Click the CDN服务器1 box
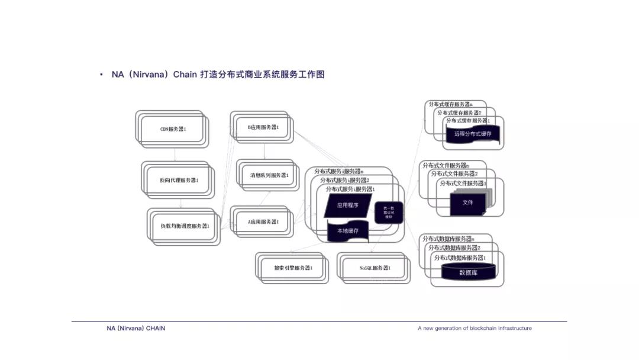coord(173,128)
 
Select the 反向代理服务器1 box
coord(178,180)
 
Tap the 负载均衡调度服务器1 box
coord(185,226)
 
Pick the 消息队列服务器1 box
coord(268,175)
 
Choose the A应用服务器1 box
coord(263,222)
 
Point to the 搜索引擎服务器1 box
coord(293,268)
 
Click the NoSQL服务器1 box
coord(375,268)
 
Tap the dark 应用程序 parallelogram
coord(348,205)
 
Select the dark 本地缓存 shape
coord(348,230)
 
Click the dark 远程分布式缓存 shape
coord(473,134)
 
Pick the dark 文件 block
coord(467,202)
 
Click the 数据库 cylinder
coord(468,273)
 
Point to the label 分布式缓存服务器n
coord(450,104)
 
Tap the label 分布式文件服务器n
coord(446,166)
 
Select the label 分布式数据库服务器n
coord(448,239)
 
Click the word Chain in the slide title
coord(185,75)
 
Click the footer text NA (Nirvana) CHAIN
coord(132,328)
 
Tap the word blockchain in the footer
coord(483,328)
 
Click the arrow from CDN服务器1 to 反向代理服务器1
coord(175,154)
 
